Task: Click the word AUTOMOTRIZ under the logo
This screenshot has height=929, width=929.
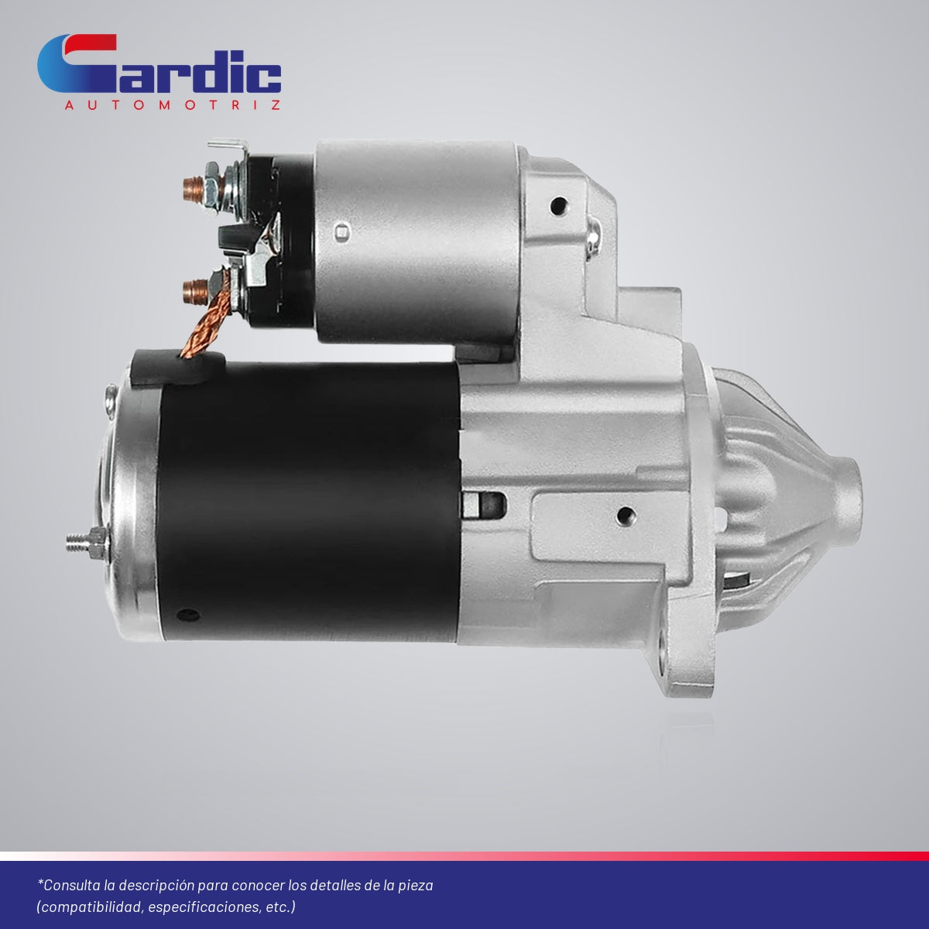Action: (173, 105)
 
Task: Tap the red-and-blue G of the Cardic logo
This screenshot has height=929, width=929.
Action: (77, 63)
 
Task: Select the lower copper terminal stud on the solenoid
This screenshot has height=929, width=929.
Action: (195, 292)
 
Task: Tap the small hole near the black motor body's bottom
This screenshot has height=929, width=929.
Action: (188, 615)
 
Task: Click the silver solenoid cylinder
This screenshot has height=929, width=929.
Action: (417, 241)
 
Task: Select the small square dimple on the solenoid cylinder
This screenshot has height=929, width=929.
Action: (342, 233)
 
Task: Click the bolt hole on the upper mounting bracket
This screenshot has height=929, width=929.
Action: (558, 207)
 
